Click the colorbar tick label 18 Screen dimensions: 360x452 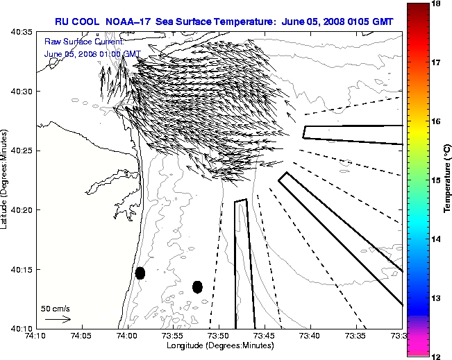click(438, 3)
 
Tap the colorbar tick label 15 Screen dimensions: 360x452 click(438, 180)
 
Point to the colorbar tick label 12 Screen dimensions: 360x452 click(438, 356)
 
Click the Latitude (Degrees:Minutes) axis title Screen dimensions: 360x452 click(5, 180)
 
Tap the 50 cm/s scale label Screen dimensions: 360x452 click(56, 308)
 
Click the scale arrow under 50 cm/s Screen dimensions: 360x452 click(58, 319)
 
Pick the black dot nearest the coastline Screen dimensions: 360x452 click(140, 273)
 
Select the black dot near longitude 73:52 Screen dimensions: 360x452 click(197, 286)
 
